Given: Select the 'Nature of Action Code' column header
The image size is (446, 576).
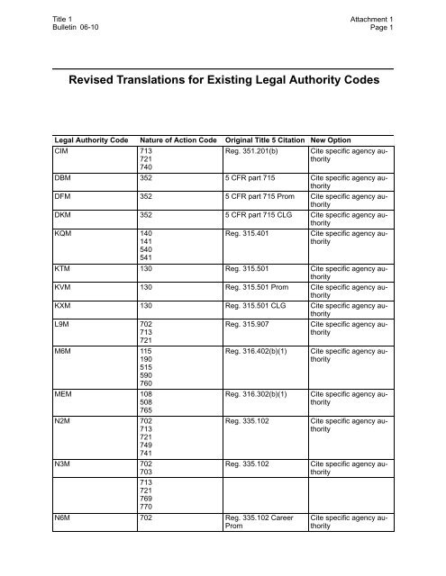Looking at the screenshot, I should coord(177,140).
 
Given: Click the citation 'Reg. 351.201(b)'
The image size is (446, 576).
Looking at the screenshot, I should coord(260,151).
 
